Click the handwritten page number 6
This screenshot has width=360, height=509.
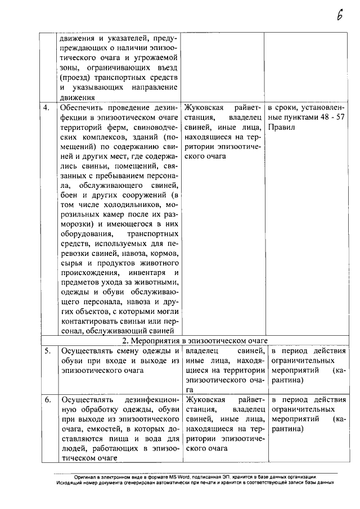340,16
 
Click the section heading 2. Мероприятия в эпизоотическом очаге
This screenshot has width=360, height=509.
195,340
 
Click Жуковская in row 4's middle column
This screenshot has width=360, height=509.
206,107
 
